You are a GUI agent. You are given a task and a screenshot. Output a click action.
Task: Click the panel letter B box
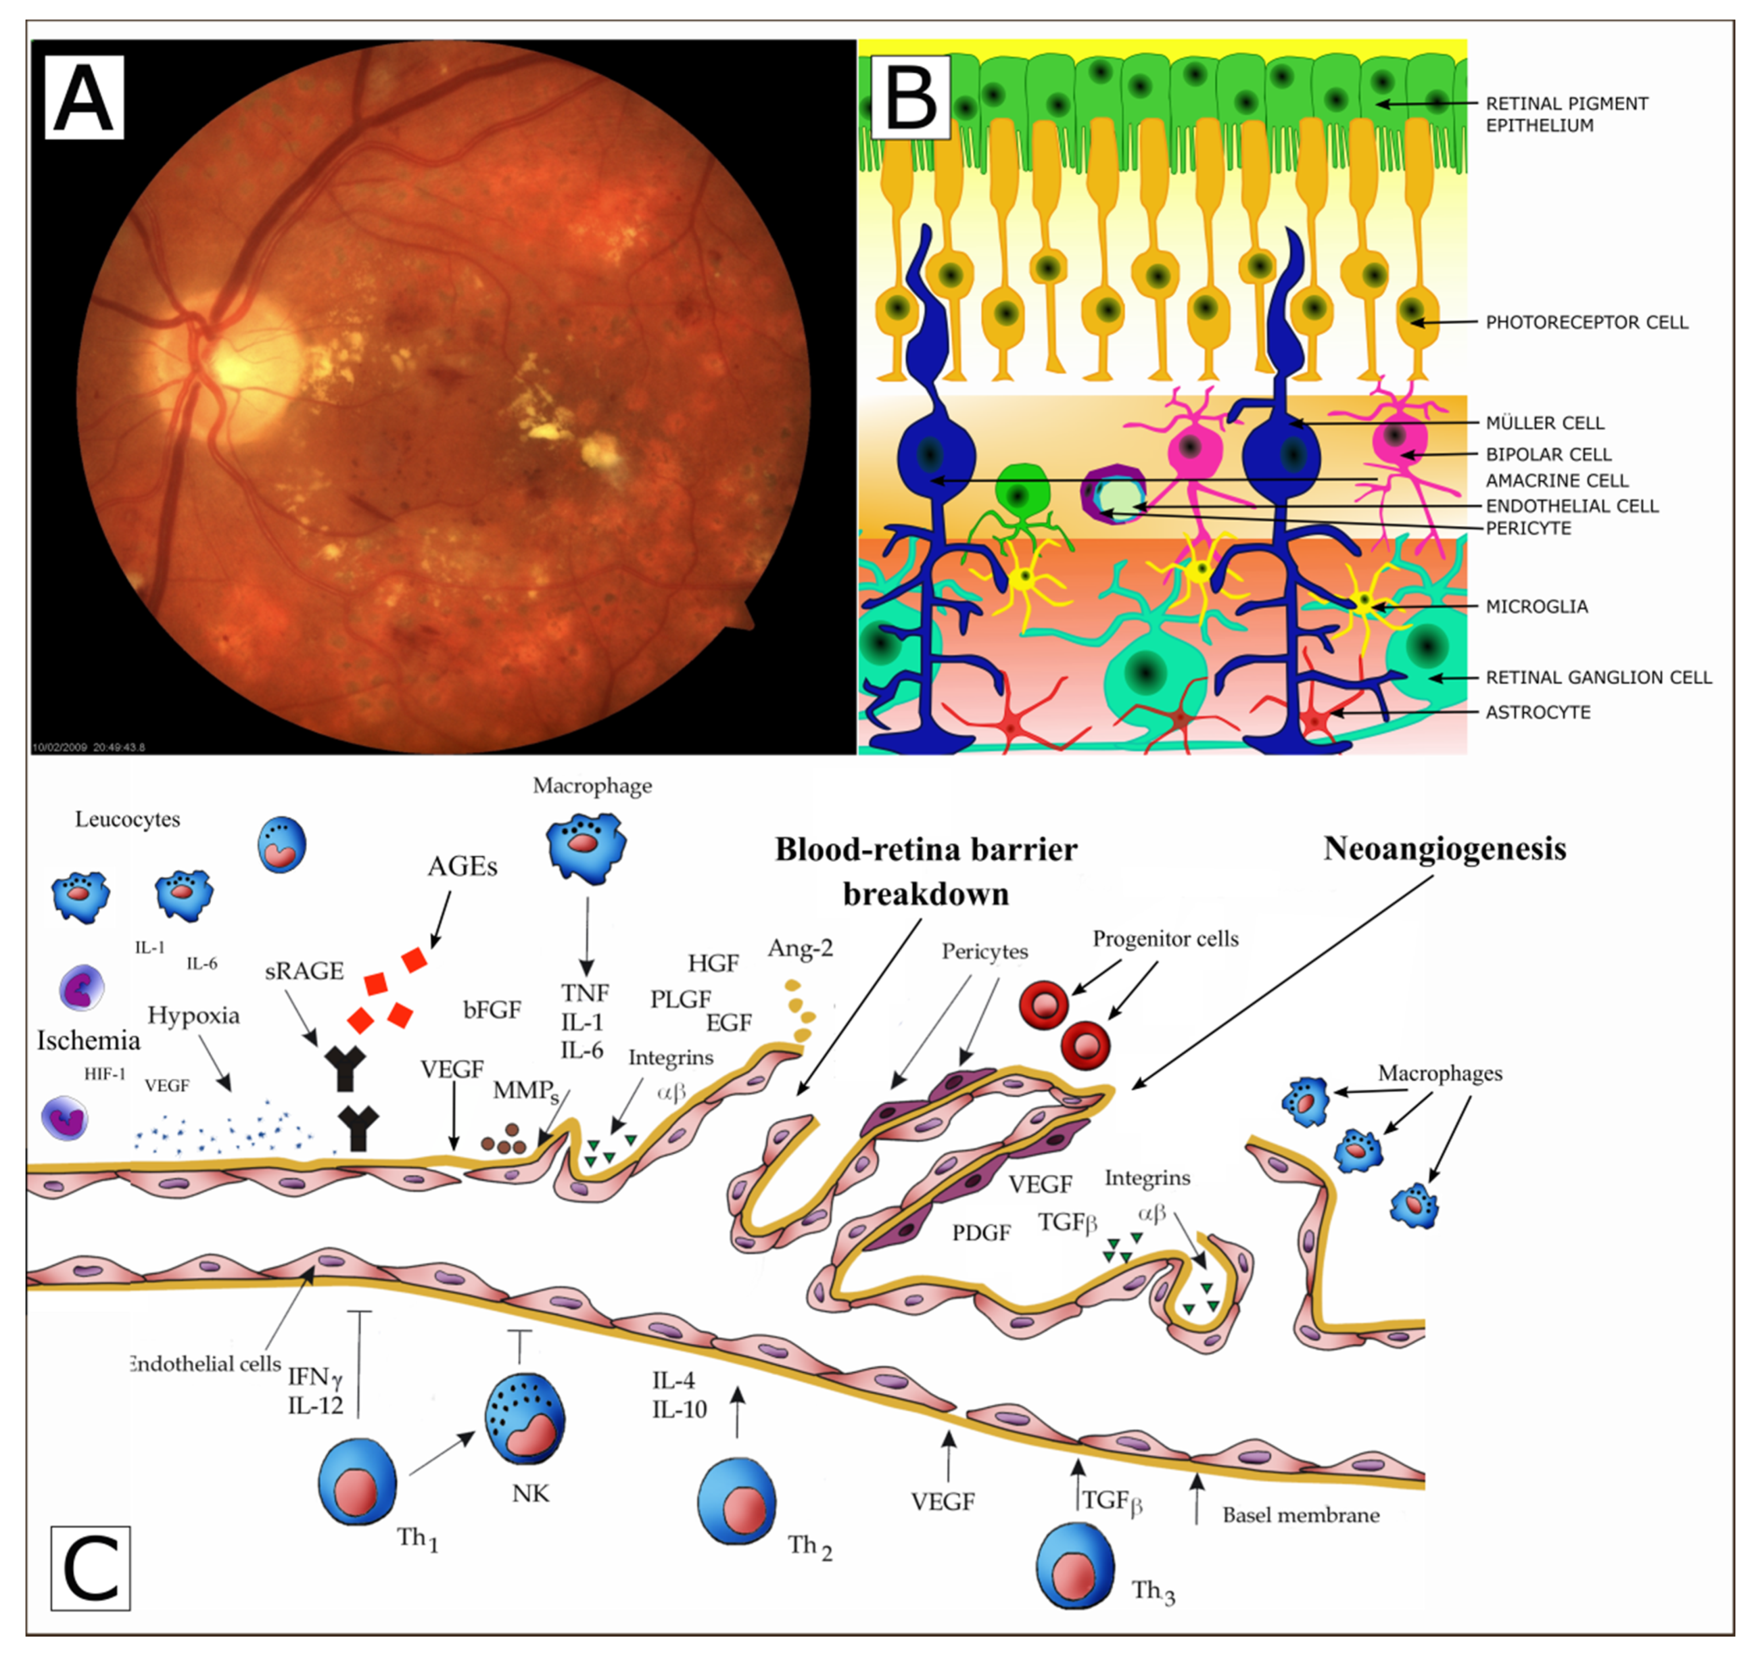pyautogui.click(x=911, y=98)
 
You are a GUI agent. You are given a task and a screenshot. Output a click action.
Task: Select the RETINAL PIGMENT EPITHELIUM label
pyautogui.click(x=1566, y=114)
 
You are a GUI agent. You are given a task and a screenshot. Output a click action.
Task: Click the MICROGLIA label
pyautogui.click(x=1536, y=607)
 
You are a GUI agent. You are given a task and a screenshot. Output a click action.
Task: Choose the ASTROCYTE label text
pyautogui.click(x=1538, y=712)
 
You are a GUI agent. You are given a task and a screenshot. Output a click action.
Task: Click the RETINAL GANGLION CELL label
pyautogui.click(x=1598, y=677)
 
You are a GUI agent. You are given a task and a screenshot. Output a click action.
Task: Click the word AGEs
pyautogui.click(x=462, y=866)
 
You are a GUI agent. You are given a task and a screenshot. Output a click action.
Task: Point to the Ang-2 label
pyautogui.click(x=800, y=948)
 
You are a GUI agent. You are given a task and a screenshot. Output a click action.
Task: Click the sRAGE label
pyautogui.click(x=304, y=971)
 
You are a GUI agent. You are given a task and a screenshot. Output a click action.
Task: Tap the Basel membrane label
pyautogui.click(x=1300, y=1515)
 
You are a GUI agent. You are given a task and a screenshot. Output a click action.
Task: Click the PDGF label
pyautogui.click(x=981, y=1232)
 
